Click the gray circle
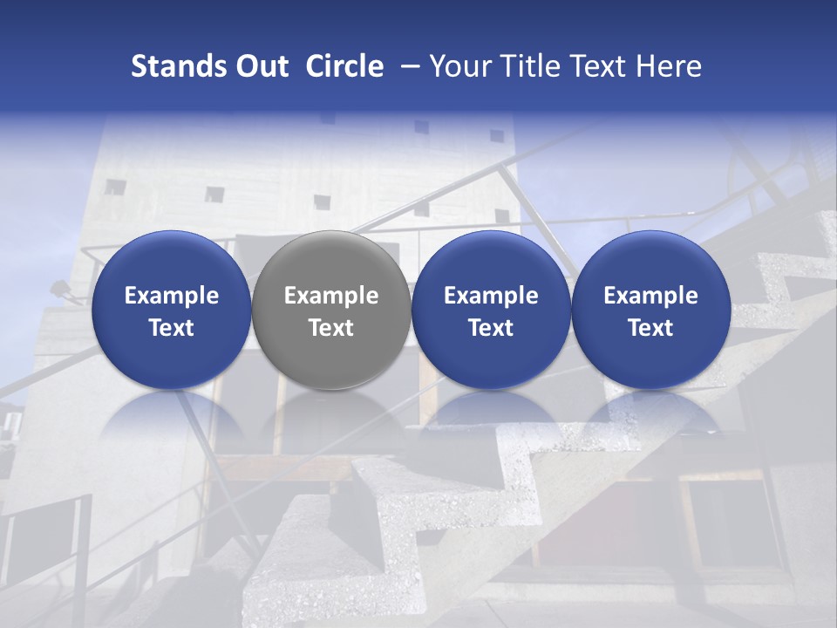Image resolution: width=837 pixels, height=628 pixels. point(331,310)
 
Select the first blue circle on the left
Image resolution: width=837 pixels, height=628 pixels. point(171,310)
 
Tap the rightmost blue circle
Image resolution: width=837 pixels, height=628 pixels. point(650,310)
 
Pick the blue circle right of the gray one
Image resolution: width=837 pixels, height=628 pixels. point(491,310)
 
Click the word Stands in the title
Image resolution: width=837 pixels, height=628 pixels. point(176,66)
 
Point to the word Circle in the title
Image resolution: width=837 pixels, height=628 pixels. point(344,66)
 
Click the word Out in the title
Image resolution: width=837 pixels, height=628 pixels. point(260,66)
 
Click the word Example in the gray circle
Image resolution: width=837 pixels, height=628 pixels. point(331,296)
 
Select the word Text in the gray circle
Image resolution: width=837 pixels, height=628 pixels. point(331,328)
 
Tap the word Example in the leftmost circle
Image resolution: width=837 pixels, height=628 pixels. point(171,296)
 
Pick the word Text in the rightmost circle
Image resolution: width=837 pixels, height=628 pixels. point(650,328)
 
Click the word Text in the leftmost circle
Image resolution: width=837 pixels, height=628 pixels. point(171,328)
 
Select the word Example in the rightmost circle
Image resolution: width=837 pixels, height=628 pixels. point(650,296)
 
